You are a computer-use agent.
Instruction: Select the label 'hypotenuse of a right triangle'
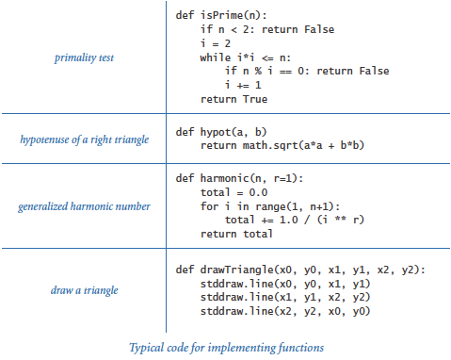click(84, 139)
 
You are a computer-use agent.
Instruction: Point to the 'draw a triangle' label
click(84, 290)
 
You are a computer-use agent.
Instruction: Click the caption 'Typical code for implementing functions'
click(225, 347)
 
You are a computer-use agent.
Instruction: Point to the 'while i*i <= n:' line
click(250, 57)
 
